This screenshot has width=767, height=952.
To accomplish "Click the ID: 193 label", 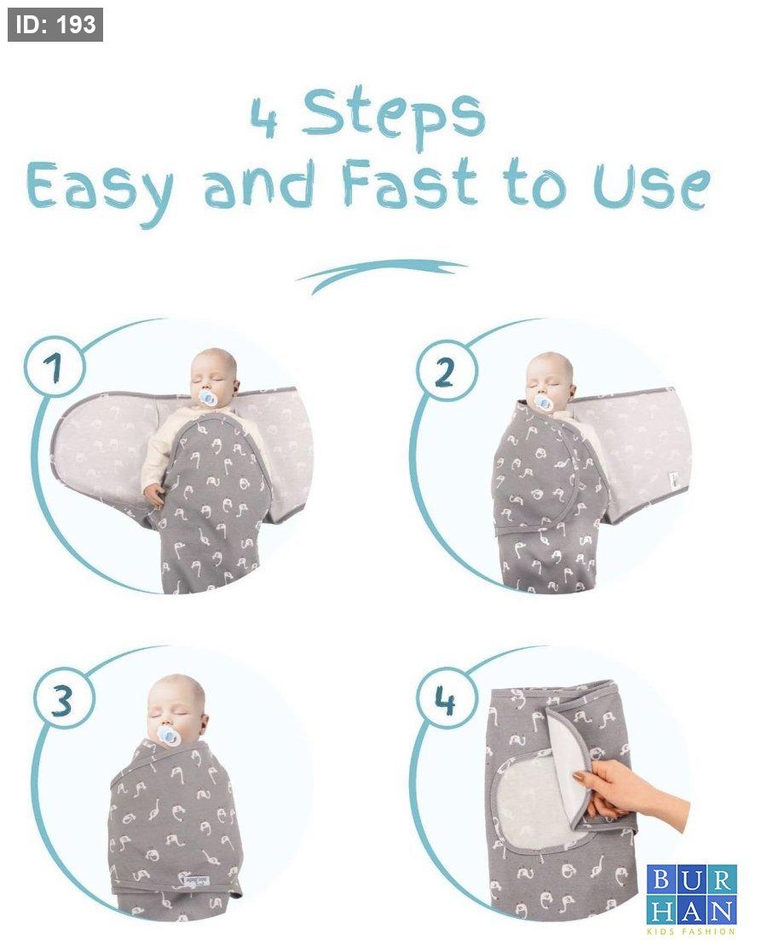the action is pos(55,25).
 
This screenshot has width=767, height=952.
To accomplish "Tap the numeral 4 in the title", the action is pos(265,118).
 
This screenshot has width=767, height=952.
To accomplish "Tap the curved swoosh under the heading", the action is pos(382,274).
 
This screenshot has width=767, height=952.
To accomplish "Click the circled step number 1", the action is pos(55,367).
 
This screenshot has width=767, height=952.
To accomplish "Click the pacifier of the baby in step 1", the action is pos(208,399).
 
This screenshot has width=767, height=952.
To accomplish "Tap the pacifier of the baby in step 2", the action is pos(543,403).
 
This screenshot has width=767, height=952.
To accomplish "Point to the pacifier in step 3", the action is pos(166,734).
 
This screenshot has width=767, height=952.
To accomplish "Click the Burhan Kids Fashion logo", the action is pos(692,898).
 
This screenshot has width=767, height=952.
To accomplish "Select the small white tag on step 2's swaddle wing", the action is pos(674,479).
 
